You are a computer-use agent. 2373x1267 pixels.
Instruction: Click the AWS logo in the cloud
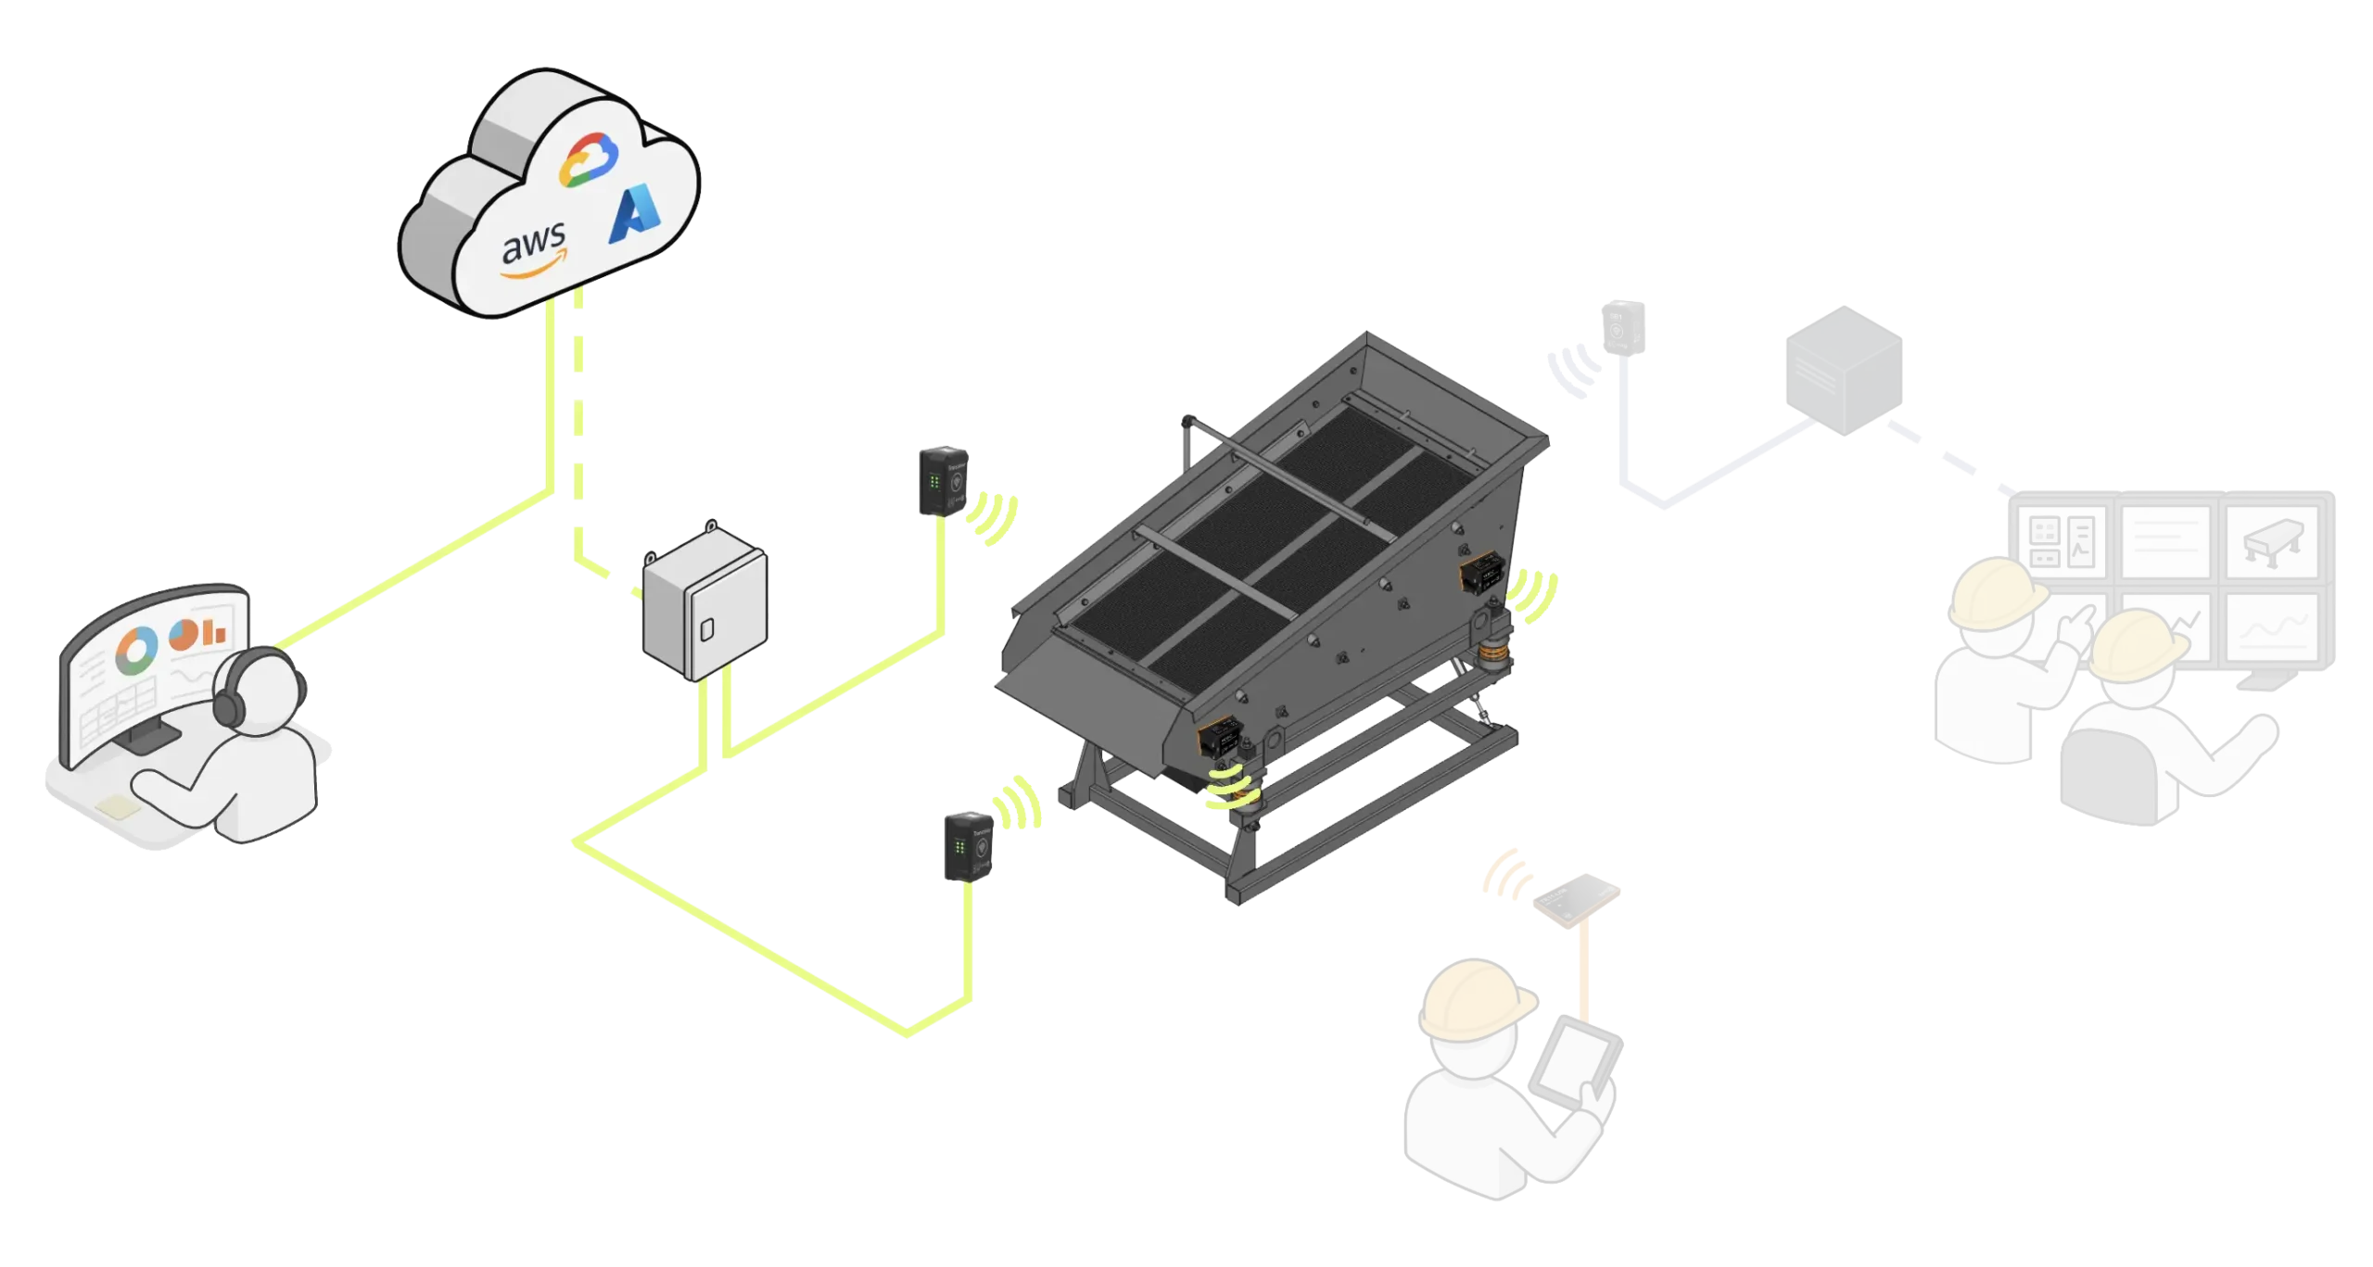tap(532, 252)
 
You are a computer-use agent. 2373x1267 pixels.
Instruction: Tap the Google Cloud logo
tap(588, 160)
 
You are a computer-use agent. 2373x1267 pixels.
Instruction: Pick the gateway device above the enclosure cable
tap(943, 481)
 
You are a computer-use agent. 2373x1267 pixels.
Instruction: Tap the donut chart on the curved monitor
tap(135, 653)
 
